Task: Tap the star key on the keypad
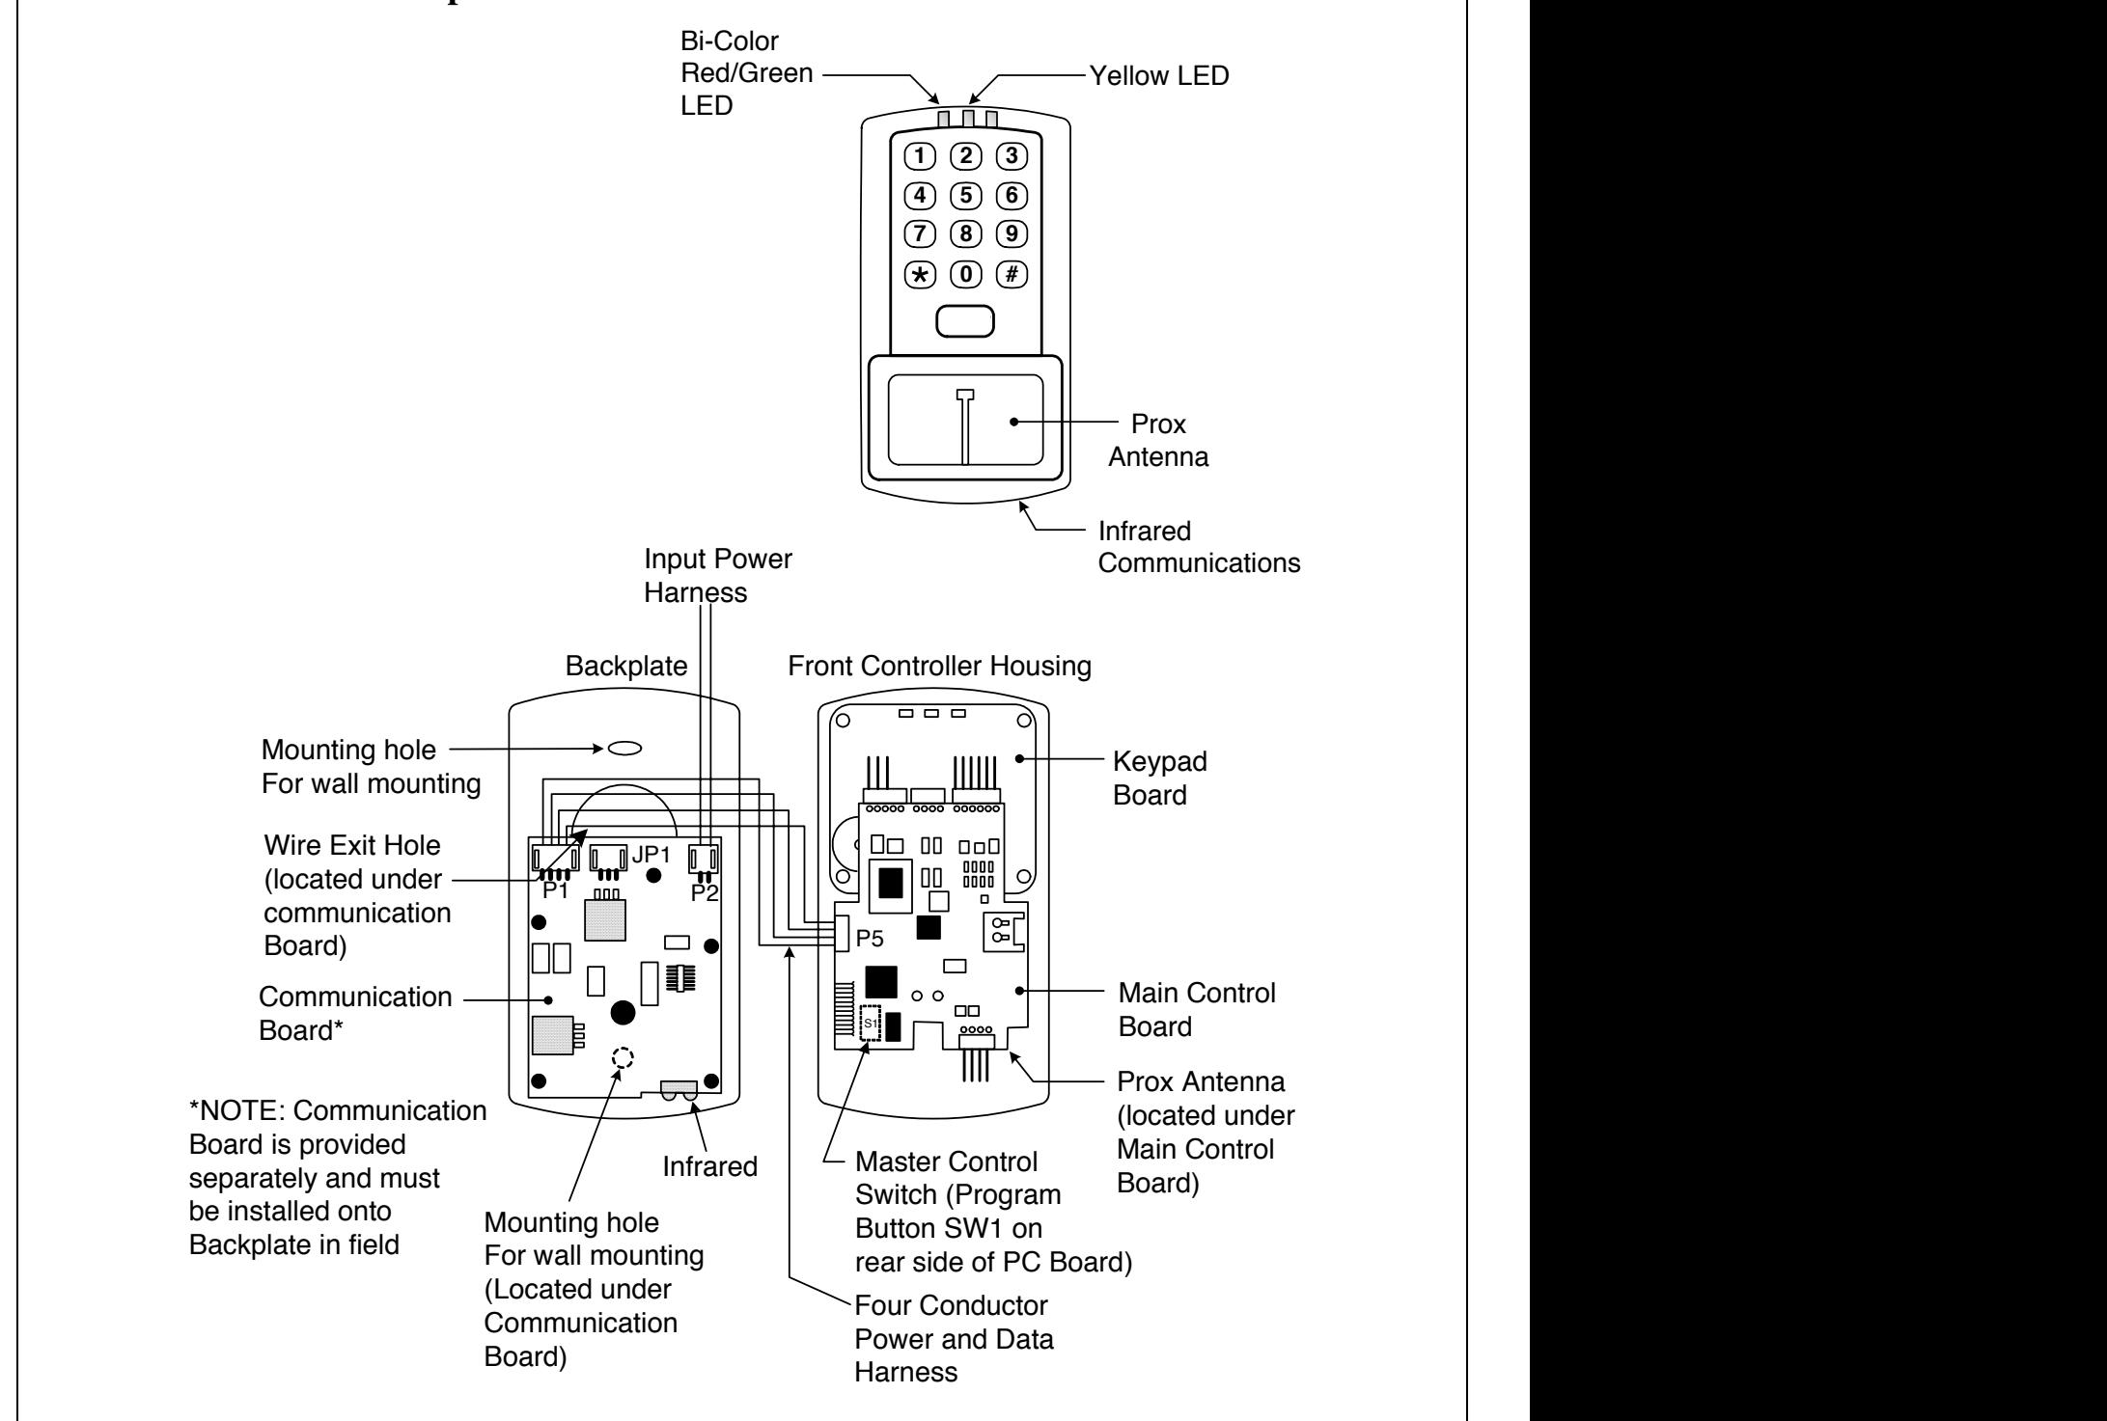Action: (921, 275)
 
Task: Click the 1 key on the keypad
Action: (921, 154)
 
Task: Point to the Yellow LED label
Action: (1159, 76)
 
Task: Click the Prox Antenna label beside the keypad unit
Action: (1158, 440)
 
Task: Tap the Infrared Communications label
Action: (1199, 546)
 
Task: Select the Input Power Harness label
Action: (718, 576)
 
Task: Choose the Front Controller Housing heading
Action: (940, 666)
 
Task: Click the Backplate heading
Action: (624, 666)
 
